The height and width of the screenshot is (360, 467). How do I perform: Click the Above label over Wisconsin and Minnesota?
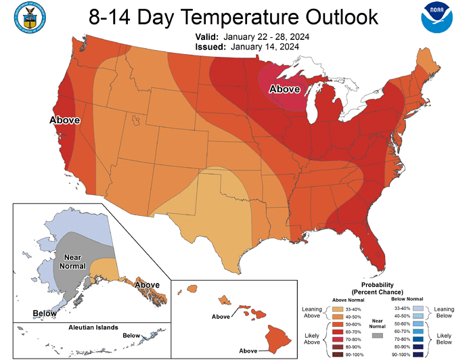286,89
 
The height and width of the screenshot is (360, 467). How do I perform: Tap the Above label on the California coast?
64,120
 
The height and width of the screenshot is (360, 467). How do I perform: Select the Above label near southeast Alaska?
146,285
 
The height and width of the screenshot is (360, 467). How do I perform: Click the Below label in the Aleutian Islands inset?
131,335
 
